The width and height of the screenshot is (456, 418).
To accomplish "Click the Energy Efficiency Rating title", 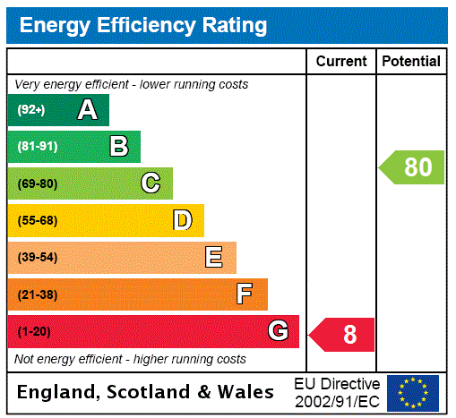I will tap(143, 25).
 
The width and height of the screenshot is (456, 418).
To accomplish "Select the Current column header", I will tap(341, 62).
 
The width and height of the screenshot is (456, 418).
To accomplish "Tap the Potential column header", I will tap(411, 62).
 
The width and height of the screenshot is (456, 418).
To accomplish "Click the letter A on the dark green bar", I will tap(87, 110).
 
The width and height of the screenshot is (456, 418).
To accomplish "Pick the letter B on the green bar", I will tap(118, 147).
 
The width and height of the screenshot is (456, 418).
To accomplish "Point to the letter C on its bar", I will tap(151, 183).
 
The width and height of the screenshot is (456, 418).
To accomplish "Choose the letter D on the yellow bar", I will tap(182, 220).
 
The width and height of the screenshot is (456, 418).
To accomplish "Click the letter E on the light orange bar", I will tap(214, 258).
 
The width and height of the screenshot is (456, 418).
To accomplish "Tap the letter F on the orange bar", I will tap(245, 294).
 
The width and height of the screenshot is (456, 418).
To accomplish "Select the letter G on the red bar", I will tap(278, 332).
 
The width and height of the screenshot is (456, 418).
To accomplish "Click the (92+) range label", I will tap(31, 110).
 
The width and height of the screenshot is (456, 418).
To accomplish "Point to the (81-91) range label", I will tap(37, 147).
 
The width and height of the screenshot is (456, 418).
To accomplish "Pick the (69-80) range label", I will tap(37, 183).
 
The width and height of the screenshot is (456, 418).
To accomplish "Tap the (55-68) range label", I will tap(37, 220).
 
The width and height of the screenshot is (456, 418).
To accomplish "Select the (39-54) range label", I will tap(37, 258).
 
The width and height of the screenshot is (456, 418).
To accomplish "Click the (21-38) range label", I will tap(37, 294).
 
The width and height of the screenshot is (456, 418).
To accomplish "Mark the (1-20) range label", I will tap(34, 332).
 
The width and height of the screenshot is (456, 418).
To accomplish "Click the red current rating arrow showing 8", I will tap(343, 335).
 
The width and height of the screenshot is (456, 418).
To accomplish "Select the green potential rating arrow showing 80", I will tap(413, 167).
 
